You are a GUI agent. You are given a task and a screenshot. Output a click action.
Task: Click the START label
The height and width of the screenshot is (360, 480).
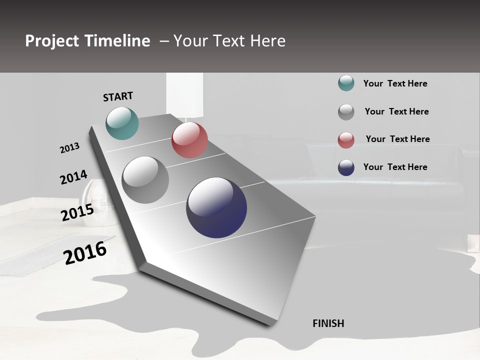[x=118, y=96]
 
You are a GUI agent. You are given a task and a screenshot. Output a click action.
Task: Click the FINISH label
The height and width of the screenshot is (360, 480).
[x=328, y=323]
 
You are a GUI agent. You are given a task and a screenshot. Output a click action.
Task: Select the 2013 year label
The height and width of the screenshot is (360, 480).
[x=70, y=148]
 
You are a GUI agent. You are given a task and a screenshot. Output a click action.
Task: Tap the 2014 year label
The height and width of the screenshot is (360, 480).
[x=73, y=177]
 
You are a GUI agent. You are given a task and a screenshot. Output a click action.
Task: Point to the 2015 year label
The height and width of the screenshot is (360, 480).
[x=77, y=213]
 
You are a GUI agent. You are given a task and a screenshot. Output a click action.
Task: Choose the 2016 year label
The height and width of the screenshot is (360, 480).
[x=85, y=252]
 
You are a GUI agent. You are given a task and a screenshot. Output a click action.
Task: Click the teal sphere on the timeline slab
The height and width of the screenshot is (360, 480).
[x=122, y=123]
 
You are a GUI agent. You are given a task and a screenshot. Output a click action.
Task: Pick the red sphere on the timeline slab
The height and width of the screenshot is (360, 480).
[x=189, y=140]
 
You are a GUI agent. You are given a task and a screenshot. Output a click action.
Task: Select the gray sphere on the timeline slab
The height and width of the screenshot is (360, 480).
[x=145, y=180]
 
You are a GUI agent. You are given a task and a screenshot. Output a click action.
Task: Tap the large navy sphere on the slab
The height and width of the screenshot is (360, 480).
[x=216, y=207]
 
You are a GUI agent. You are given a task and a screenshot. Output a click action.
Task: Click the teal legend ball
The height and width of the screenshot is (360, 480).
[x=346, y=83]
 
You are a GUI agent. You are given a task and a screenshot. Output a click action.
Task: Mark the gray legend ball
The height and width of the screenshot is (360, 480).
[x=346, y=112]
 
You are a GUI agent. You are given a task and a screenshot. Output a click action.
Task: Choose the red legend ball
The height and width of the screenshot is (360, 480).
[x=346, y=140]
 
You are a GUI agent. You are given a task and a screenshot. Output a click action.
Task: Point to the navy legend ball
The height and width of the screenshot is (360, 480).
[x=346, y=167]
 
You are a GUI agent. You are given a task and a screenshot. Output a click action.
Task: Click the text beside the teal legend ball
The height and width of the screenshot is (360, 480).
[x=395, y=83]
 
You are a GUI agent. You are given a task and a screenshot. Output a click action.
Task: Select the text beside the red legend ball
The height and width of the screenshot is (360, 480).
[x=397, y=139]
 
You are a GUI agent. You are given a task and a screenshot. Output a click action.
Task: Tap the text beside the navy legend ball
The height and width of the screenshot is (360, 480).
[x=395, y=167]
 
